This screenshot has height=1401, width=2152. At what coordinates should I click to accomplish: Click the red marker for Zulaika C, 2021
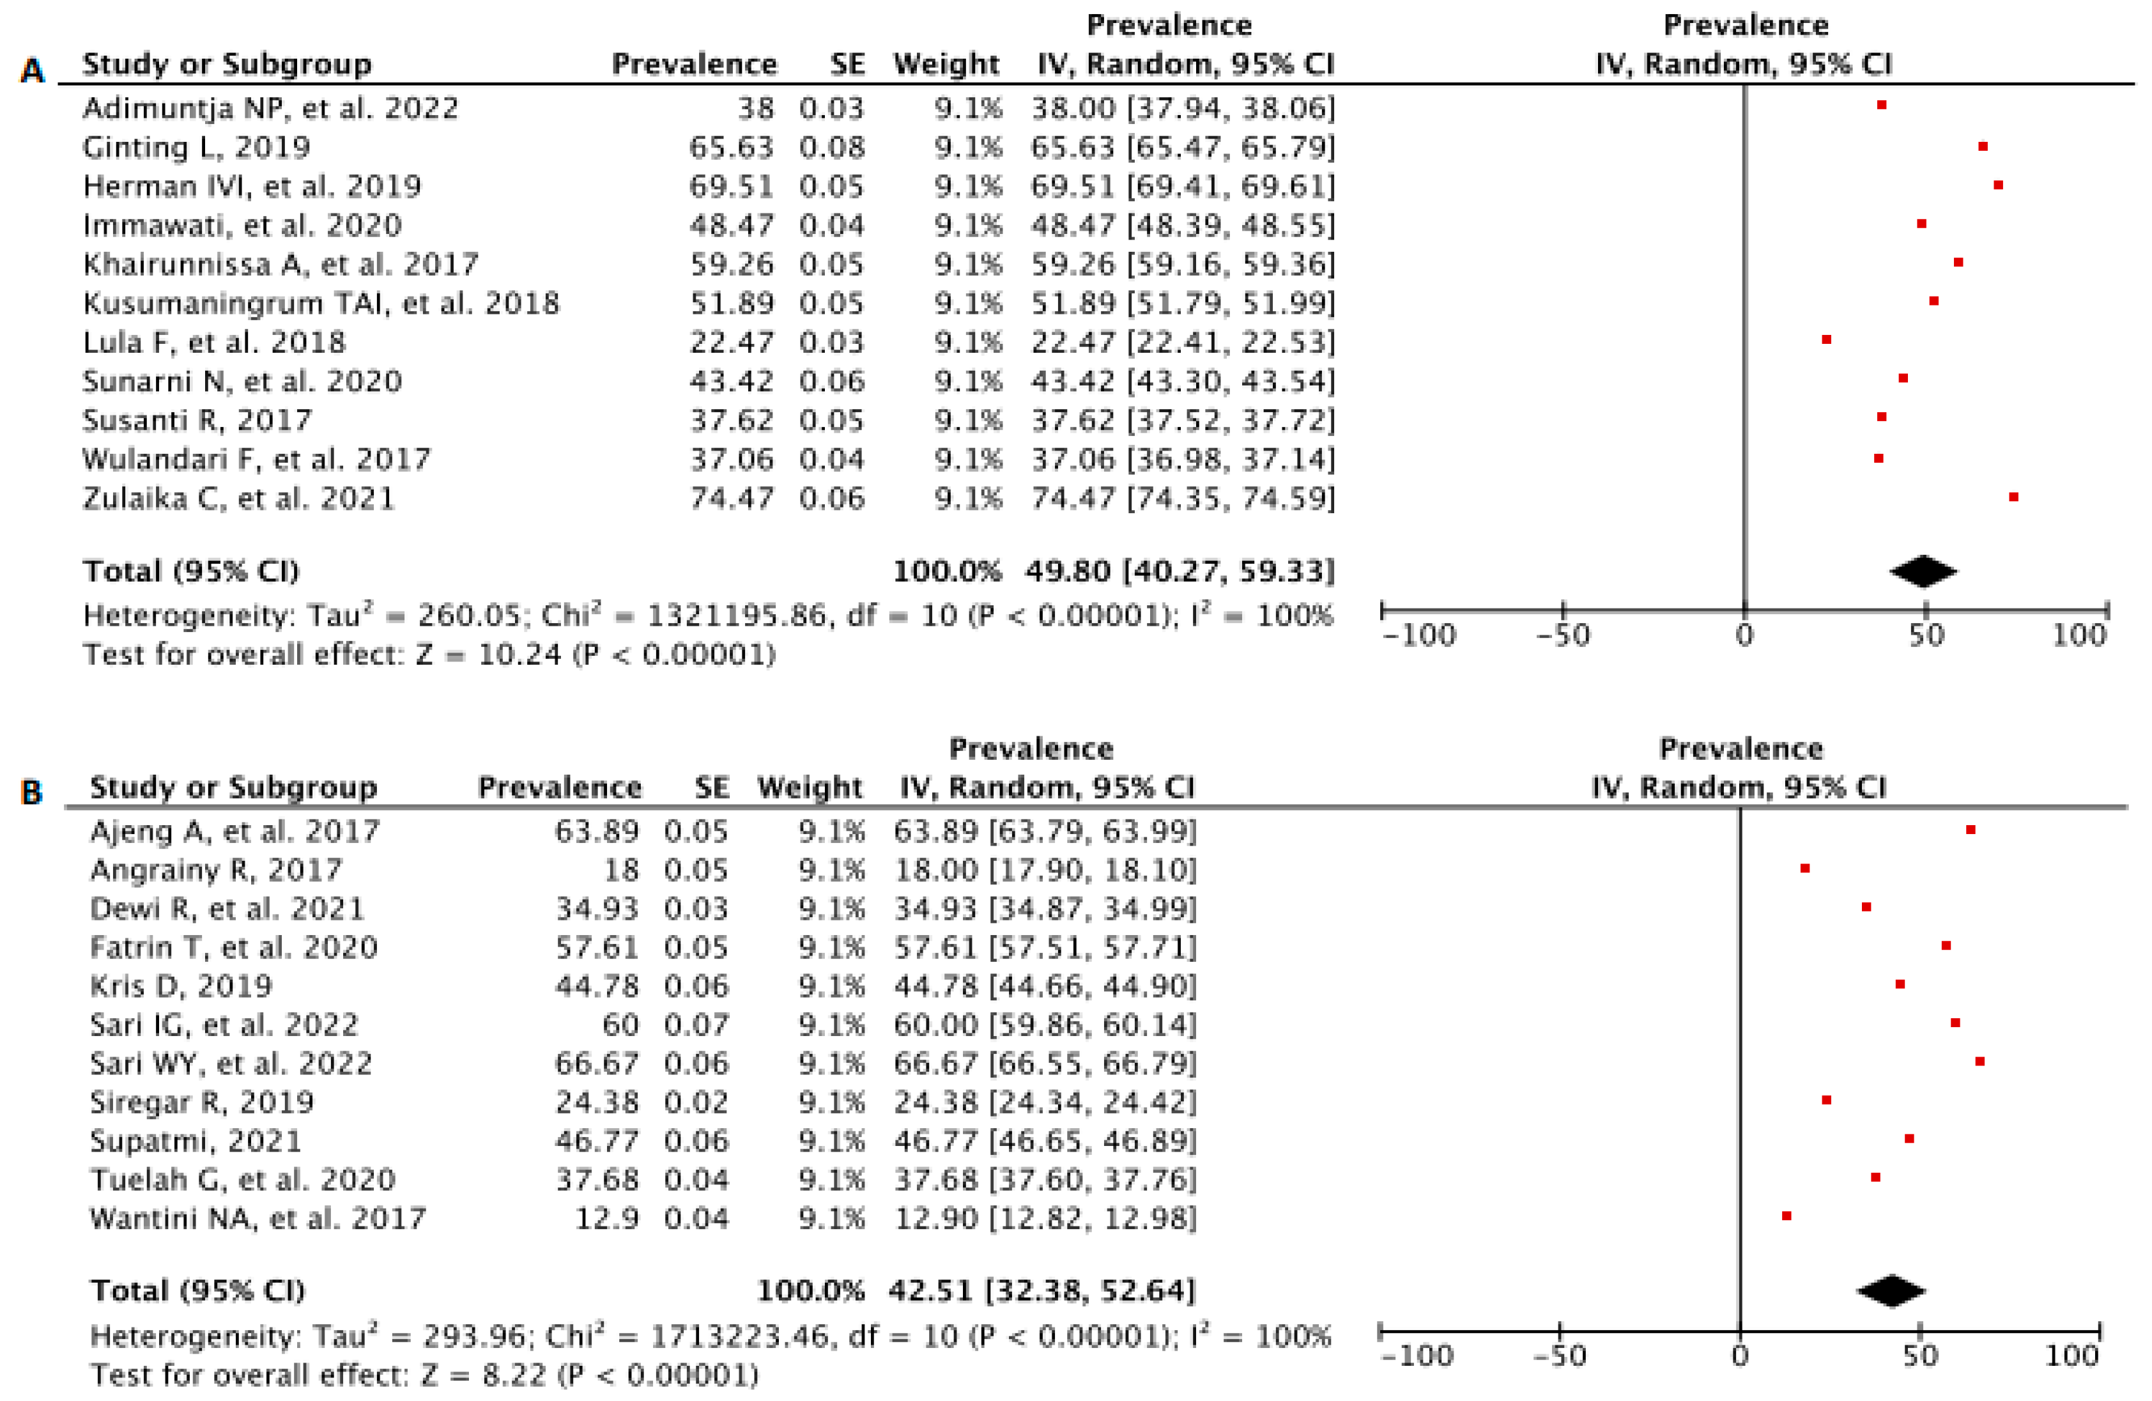coord(2013,497)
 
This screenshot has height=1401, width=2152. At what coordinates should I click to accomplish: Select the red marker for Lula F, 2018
coord(1827,339)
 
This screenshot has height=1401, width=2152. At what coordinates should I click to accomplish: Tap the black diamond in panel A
coord(1923,571)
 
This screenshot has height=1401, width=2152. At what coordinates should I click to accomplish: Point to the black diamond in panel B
coord(1891,1290)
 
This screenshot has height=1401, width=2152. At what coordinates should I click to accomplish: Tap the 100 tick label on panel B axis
coord(2071,1356)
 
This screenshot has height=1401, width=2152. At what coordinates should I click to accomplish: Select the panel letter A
coord(32,70)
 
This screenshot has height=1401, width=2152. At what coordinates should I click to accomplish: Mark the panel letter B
coord(32,793)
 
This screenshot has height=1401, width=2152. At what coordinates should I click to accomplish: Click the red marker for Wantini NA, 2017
coord(1787,1216)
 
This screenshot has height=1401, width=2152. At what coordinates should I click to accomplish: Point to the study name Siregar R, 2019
coord(202,1102)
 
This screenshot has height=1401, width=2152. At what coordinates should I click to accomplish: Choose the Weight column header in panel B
coord(810,787)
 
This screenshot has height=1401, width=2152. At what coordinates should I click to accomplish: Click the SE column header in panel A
coord(847,64)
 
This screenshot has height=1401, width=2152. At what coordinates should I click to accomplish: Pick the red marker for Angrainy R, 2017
coord(1805,869)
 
